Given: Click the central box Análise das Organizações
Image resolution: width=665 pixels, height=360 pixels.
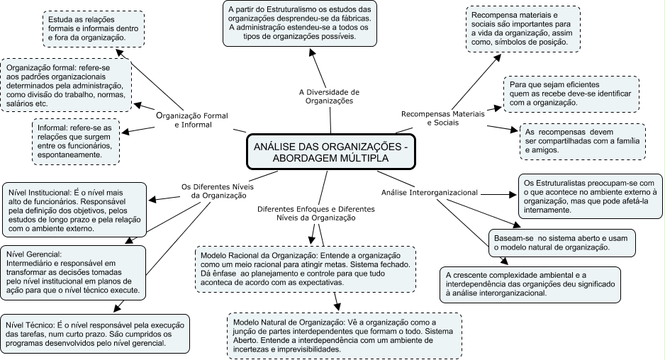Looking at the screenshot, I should click(x=330, y=153).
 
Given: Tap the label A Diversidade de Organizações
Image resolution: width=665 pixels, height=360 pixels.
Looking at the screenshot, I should click(x=329, y=96).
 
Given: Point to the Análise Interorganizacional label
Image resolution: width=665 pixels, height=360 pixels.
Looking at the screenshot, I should click(x=429, y=192).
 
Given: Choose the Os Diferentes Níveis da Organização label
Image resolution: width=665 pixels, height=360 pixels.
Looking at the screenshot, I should click(x=216, y=191).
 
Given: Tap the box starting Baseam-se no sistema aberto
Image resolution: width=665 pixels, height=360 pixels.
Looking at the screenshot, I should click(x=552, y=242).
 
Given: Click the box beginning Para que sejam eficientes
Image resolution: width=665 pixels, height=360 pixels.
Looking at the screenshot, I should click(x=570, y=94).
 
